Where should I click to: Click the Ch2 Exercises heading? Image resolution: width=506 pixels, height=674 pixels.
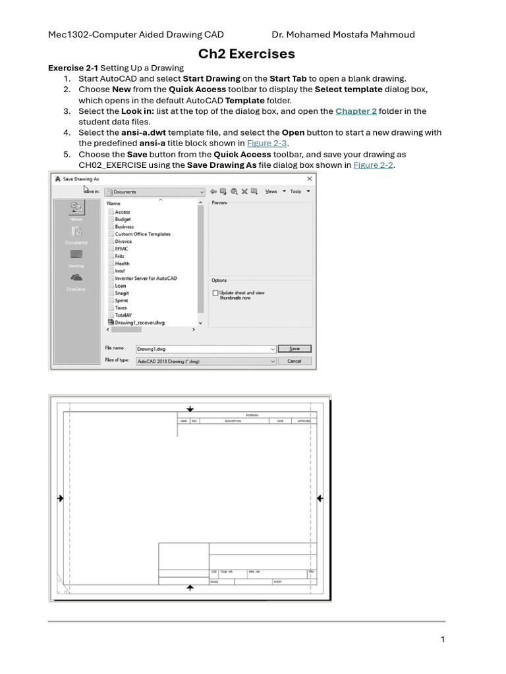[x=247, y=54]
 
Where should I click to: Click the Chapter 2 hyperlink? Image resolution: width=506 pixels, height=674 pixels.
[x=356, y=111]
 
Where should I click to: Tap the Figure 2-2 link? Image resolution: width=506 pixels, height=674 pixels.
[x=373, y=165]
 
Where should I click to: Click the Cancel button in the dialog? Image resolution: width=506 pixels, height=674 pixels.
[x=294, y=361]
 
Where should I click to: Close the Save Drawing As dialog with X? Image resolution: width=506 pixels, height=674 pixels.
[x=310, y=178]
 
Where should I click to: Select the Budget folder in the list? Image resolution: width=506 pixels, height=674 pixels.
[x=123, y=219]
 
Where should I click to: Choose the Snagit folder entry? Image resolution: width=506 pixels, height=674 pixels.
[x=121, y=293]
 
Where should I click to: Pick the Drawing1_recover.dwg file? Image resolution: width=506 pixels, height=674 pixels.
[x=139, y=323]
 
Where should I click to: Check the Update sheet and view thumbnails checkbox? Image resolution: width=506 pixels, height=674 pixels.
[x=215, y=293]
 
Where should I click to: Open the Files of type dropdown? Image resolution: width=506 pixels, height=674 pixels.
[x=273, y=361]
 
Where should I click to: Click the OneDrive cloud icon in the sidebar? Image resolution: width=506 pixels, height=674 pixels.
[x=76, y=278]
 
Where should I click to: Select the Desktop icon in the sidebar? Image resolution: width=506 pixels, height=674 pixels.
[x=76, y=255]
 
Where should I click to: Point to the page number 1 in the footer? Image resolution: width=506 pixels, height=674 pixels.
[x=443, y=639]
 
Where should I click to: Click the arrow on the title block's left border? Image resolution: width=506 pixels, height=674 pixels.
[x=61, y=499]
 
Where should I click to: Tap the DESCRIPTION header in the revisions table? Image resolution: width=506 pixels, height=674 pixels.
[x=233, y=421]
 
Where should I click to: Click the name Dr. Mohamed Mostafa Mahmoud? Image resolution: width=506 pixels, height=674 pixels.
[x=343, y=34]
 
